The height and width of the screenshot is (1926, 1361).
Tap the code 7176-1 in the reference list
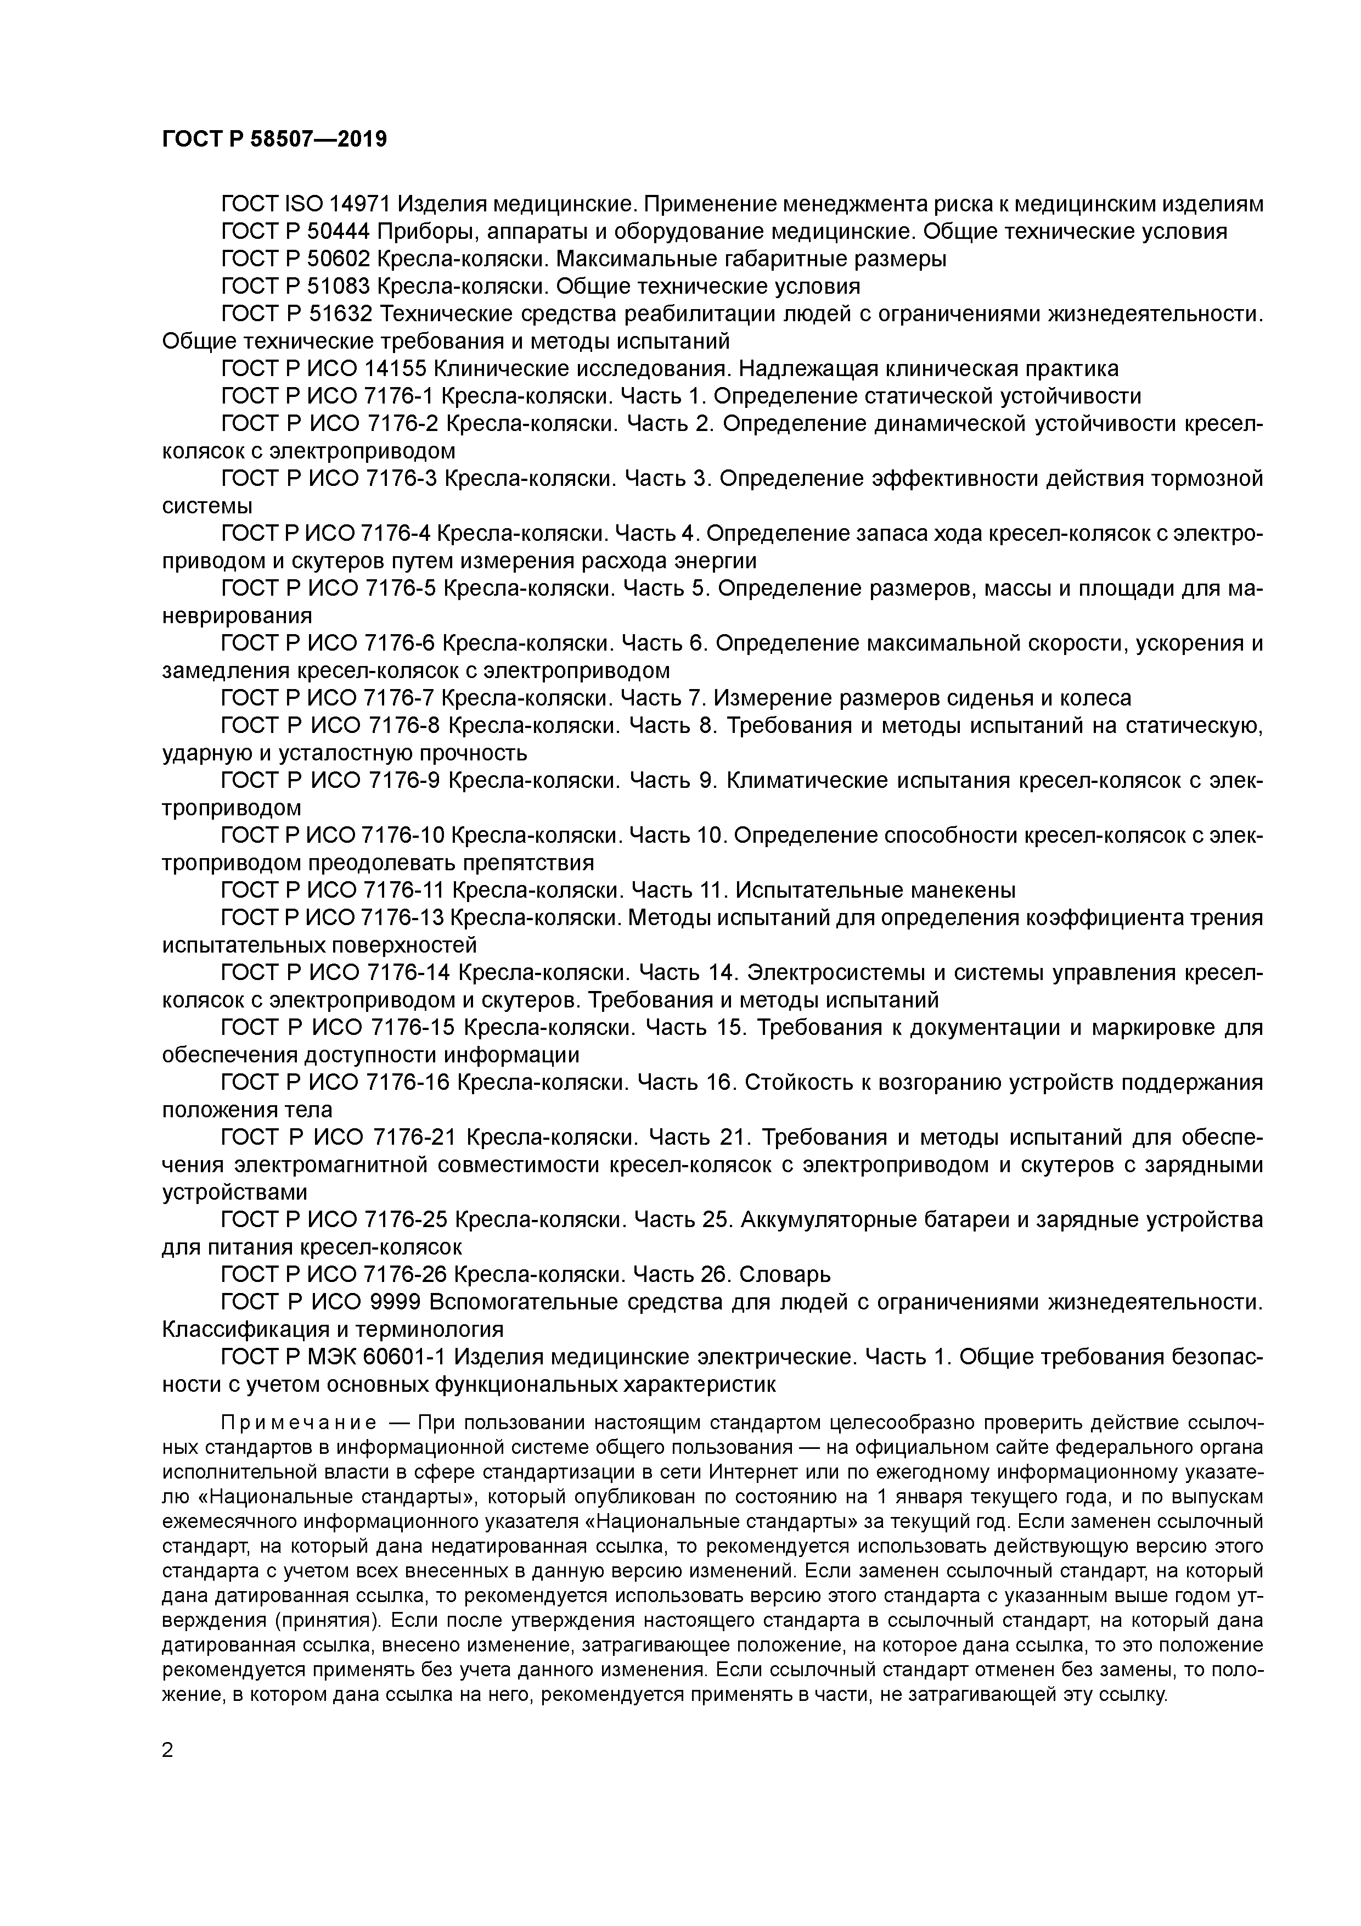click(x=400, y=396)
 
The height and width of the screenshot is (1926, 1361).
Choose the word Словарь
click(x=784, y=1275)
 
